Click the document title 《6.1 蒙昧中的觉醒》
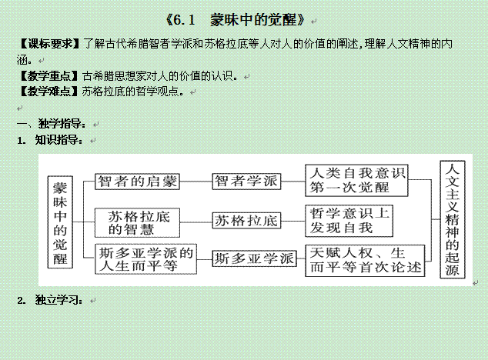click(236, 21)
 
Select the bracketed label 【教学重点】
click(48, 75)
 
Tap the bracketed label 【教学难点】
click(48, 92)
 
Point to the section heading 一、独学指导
click(52, 124)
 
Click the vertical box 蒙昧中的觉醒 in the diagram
click(60, 222)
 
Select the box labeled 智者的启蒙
click(137, 182)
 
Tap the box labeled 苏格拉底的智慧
click(137, 223)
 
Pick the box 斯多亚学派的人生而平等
click(145, 259)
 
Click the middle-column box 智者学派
click(246, 182)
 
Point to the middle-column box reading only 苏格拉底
click(246, 221)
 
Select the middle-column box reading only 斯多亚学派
click(254, 258)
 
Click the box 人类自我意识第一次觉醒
click(356, 181)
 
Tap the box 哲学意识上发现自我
click(349, 221)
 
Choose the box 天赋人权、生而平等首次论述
click(365, 261)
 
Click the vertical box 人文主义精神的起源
click(453, 219)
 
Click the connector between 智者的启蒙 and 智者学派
click(196, 182)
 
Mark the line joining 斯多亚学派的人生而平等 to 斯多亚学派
click(205, 259)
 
